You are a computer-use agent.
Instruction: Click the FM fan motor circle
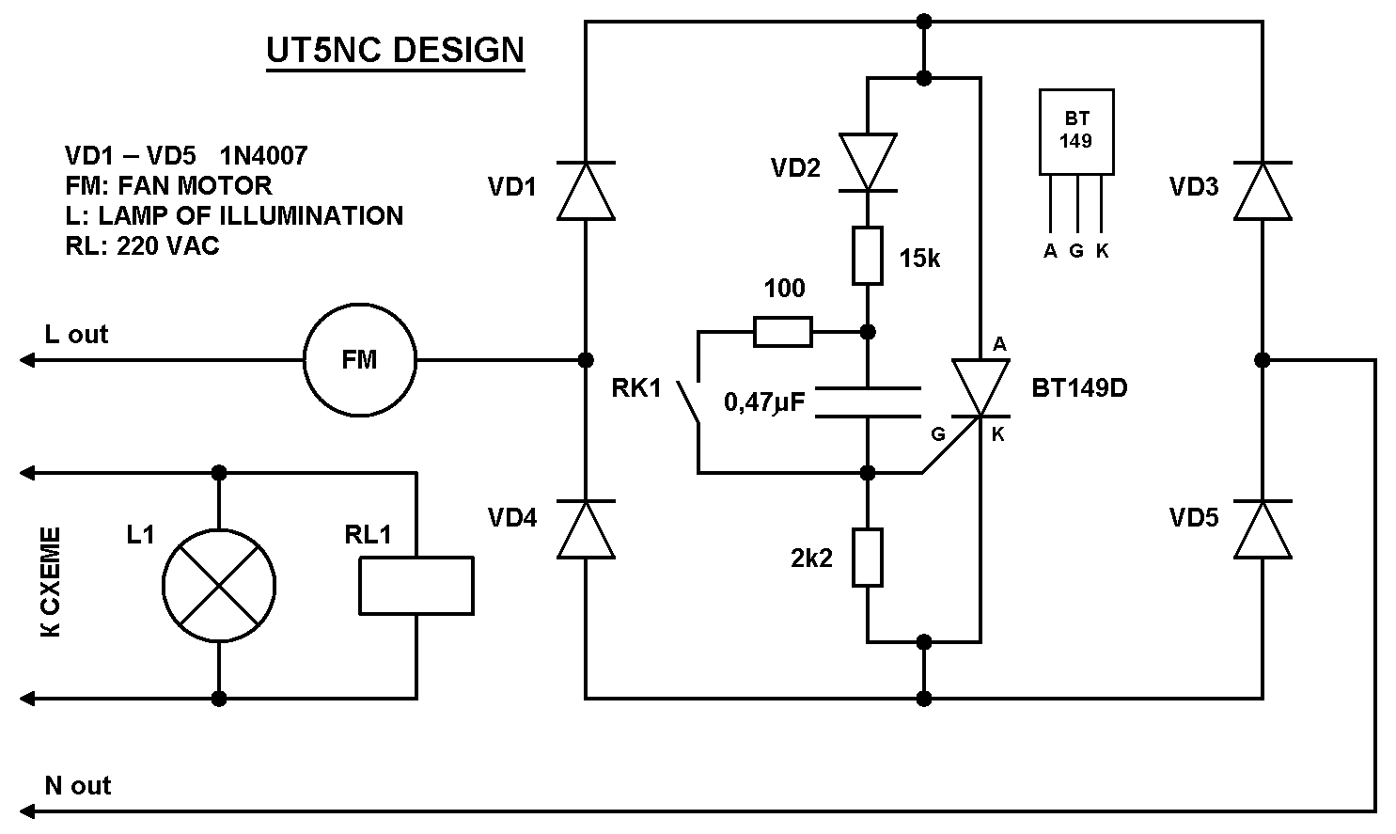[359, 359]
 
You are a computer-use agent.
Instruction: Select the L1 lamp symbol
[219, 586]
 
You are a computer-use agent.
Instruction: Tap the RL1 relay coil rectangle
[416, 586]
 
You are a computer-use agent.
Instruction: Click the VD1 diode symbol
[586, 191]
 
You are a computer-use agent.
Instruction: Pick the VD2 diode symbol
[867, 163]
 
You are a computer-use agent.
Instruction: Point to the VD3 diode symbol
[1262, 191]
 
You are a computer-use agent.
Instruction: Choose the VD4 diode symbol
[586, 529]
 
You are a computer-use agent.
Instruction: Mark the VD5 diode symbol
[1262, 529]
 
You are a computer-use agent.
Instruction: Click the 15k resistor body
[867, 255]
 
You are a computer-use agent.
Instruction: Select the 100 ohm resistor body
[783, 332]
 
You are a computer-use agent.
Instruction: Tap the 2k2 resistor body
[867, 558]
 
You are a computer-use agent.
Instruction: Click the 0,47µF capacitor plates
[867, 401]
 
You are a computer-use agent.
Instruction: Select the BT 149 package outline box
[1076, 132]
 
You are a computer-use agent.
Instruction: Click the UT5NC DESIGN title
[395, 50]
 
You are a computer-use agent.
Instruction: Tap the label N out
[78, 785]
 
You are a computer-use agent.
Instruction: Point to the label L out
[76, 334]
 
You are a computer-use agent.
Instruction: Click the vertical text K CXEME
[52, 583]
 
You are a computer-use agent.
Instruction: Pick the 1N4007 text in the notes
[263, 155]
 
